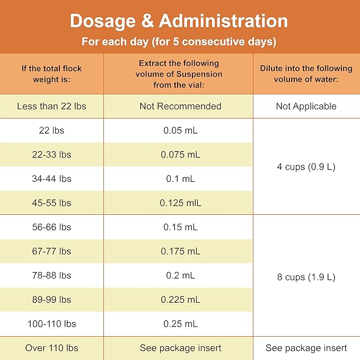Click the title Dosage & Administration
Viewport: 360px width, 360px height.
pyautogui.click(x=179, y=21)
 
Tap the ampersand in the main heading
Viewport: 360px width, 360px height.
pyautogui.click(x=147, y=21)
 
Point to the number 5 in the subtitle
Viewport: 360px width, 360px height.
pyautogui.click(x=175, y=41)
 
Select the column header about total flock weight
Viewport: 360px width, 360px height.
pyautogui.click(x=51, y=74)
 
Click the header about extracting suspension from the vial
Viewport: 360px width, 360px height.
pyautogui.click(x=179, y=74)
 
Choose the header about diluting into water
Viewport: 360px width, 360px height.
pyautogui.click(x=306, y=74)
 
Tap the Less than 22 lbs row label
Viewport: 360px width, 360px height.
pyautogui.click(x=51, y=106)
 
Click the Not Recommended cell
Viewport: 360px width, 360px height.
pyautogui.click(x=180, y=106)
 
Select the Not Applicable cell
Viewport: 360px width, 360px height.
pyautogui.click(x=306, y=106)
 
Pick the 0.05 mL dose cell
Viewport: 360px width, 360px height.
pyautogui.click(x=180, y=130)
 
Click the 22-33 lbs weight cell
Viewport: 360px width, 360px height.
pyautogui.click(x=51, y=154)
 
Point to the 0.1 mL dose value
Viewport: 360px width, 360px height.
pyautogui.click(x=180, y=179)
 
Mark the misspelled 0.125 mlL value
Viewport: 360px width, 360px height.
pyautogui.click(x=180, y=203)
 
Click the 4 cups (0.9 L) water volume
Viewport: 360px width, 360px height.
pyautogui.click(x=306, y=166)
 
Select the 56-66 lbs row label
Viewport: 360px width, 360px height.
pyautogui.click(x=51, y=227)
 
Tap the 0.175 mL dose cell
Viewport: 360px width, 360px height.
pyautogui.click(x=180, y=251)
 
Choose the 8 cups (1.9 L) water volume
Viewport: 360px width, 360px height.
pyautogui.click(x=306, y=277)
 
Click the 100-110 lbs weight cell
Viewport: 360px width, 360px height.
pyautogui.click(x=51, y=324)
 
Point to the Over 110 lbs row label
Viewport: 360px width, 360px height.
pyautogui.click(x=51, y=348)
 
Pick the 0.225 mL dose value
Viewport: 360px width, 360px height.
pyautogui.click(x=180, y=300)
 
